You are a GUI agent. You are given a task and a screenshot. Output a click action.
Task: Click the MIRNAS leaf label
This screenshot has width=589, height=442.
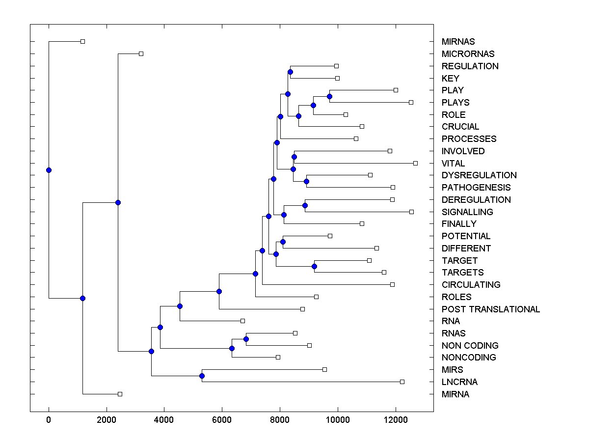pyautogui.click(x=458, y=42)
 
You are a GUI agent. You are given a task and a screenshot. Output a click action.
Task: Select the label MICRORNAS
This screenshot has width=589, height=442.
pyautogui.click(x=468, y=54)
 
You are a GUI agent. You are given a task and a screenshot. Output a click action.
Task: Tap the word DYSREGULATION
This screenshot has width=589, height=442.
pyautogui.click(x=479, y=175)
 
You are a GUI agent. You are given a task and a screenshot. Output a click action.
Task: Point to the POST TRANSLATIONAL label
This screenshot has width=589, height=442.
pyautogui.click(x=490, y=309)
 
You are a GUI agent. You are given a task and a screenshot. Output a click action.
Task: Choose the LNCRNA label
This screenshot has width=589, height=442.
pyautogui.click(x=459, y=382)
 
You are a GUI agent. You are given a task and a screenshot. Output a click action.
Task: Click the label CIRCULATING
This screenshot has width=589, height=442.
pyautogui.click(x=471, y=285)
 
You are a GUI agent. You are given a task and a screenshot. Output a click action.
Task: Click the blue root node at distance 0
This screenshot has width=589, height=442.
pyautogui.click(x=49, y=170)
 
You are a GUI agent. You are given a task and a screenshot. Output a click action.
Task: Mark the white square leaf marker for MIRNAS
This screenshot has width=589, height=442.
pyautogui.click(x=82, y=41)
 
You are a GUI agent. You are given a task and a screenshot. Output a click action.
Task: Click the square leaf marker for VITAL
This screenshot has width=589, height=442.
pyautogui.click(x=415, y=163)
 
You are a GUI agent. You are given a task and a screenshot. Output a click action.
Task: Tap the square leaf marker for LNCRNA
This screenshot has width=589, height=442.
pyautogui.click(x=402, y=382)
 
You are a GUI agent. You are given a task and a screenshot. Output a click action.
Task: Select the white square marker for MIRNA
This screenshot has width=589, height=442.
pyautogui.click(x=120, y=394)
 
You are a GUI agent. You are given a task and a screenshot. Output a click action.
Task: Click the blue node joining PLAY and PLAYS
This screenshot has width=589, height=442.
pyautogui.click(x=330, y=96)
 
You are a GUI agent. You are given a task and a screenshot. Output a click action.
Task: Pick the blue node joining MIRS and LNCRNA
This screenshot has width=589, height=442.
pyautogui.click(x=202, y=376)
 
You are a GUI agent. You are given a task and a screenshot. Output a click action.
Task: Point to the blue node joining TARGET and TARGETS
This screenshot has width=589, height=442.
pyautogui.click(x=314, y=266)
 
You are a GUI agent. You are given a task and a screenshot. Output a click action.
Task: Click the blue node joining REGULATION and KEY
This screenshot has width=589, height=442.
pyautogui.click(x=290, y=72)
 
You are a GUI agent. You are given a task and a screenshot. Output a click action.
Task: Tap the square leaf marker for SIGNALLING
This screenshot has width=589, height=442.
pyautogui.click(x=411, y=212)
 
